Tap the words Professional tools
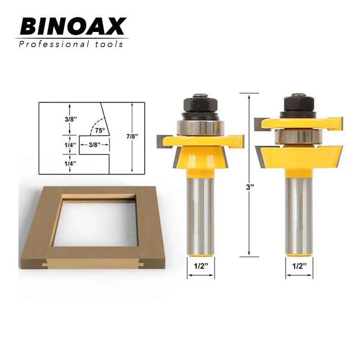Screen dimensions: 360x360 (71, 44)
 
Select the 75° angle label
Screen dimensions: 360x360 (100, 130)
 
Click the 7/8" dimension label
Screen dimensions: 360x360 (132, 136)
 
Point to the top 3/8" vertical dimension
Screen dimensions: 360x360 (71, 119)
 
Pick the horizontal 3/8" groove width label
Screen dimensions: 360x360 (94, 144)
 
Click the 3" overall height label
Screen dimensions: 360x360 (250, 187)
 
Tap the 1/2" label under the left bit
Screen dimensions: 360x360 (201, 266)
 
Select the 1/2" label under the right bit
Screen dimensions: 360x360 (299, 266)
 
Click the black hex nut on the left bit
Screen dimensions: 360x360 (200, 106)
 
